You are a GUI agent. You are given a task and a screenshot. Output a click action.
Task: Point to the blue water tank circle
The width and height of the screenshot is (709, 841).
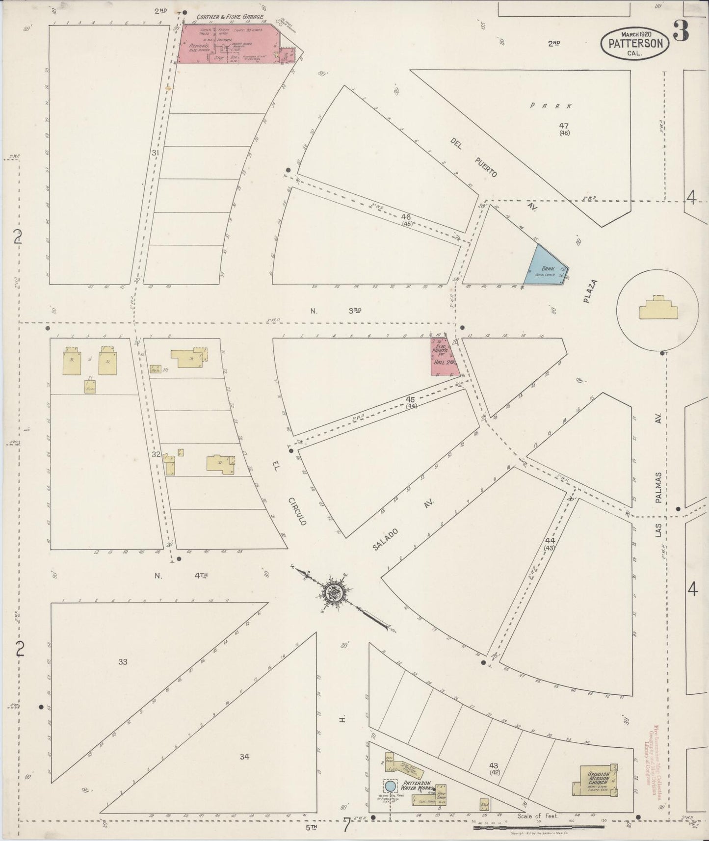390,786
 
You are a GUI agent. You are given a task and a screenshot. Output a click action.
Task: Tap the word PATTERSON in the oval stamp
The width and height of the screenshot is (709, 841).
635,43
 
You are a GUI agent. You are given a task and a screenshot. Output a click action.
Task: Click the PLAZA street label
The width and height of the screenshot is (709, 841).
590,293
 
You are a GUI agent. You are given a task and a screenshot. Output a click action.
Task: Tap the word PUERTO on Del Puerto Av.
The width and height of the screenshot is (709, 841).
486,167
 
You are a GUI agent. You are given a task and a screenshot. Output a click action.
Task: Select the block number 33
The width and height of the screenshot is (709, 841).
123,662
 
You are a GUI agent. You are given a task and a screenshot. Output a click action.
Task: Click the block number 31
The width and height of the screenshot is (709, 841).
156,153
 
